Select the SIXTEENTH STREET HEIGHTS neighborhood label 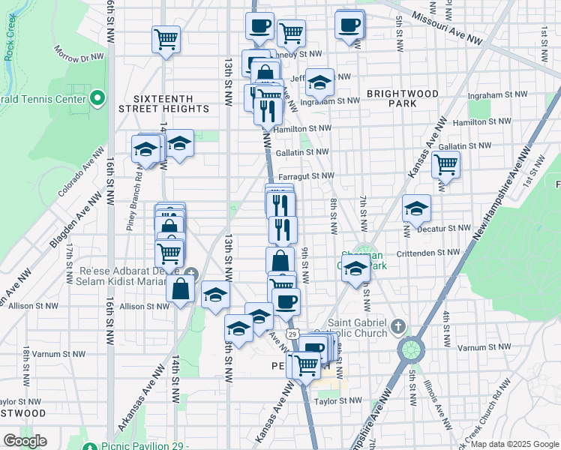tap(163, 103)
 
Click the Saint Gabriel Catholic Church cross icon tap(397, 326)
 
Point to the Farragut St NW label tap(306, 176)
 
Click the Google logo tap(25, 441)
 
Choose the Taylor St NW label tap(339, 401)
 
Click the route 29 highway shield tap(292, 333)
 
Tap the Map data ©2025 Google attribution tap(514, 444)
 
